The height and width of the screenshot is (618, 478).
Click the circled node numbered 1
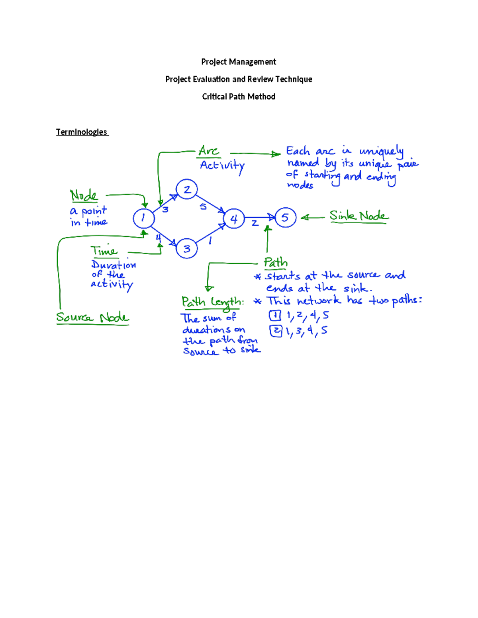tap(143, 218)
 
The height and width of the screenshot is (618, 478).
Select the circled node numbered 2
tap(186, 189)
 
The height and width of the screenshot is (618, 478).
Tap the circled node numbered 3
tap(186, 249)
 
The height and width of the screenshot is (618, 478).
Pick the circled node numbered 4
tap(234, 218)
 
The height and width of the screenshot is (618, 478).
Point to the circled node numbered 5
tap(285, 217)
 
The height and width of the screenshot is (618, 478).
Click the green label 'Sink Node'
tap(358, 216)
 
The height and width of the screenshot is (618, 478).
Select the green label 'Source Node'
tap(92, 318)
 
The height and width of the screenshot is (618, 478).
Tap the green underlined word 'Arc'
tap(209, 151)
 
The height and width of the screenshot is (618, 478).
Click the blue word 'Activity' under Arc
tap(222, 166)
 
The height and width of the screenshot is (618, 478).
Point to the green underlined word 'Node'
tap(84, 195)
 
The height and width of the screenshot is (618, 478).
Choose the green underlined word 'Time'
tap(104, 251)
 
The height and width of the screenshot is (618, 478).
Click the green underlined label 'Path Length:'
tap(212, 302)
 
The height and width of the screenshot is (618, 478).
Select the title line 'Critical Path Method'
tap(239, 97)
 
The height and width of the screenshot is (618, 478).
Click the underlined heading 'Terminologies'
tap(82, 132)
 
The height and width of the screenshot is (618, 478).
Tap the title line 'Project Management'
tap(239, 62)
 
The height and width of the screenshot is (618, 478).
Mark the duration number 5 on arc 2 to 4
tap(203, 206)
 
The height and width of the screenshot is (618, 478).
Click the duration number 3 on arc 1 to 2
tap(165, 209)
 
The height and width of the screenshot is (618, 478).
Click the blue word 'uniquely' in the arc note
tap(381, 152)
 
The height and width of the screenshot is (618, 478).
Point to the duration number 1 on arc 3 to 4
tap(210, 240)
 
